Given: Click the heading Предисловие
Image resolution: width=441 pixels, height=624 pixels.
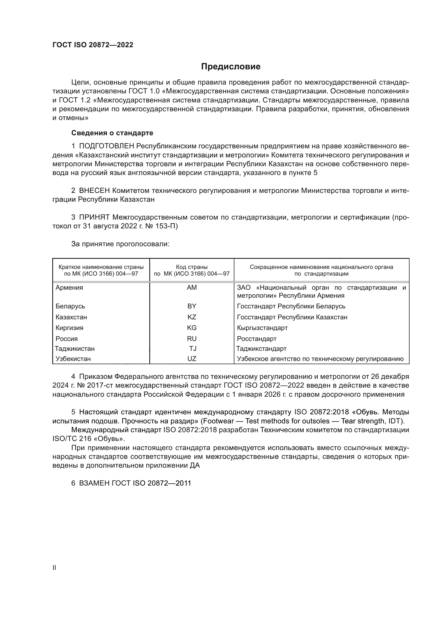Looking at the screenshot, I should (231, 67).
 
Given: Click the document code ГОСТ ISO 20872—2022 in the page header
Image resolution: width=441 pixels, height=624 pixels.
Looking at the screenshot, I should (93, 45).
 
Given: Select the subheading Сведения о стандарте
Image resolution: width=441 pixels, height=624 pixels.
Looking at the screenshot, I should (112, 133).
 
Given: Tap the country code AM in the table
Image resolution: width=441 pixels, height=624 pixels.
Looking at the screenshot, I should (192, 288).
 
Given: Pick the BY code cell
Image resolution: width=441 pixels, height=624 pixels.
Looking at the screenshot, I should (192, 306).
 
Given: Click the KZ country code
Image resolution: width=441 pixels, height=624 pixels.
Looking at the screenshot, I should (192, 317).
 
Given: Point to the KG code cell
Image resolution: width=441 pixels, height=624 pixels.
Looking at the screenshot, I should (192, 328).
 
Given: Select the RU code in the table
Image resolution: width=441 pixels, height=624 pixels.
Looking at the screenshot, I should (192, 339).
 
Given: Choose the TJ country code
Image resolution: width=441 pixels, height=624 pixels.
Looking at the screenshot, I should (193, 349).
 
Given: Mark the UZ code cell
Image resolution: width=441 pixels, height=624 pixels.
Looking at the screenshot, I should (192, 359).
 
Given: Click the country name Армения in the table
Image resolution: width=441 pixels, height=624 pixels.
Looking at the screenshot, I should (69, 288).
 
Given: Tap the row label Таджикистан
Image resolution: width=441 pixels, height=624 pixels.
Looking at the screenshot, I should (75, 349).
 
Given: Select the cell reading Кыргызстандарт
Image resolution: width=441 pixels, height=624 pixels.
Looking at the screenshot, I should (262, 328).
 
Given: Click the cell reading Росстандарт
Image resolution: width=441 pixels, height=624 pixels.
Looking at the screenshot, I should (256, 339).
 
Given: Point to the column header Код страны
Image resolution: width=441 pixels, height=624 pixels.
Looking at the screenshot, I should (192, 267).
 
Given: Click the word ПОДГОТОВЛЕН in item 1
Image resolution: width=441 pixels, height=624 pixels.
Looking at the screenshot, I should (106, 146).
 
